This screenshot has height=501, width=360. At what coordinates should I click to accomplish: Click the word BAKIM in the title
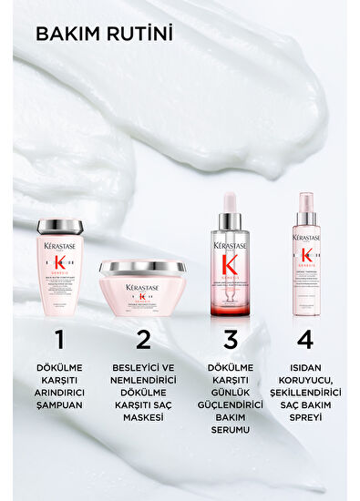66,35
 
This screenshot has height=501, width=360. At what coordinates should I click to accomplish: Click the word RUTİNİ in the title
136,35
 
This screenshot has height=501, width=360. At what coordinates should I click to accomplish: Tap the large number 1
60,340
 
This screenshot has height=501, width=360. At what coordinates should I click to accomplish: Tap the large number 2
142,340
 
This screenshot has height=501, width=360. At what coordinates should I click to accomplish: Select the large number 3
231,340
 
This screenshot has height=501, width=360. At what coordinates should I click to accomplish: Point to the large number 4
305,340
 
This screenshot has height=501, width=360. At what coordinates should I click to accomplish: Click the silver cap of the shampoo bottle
60,227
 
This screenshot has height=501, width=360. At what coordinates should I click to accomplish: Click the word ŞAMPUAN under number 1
60,407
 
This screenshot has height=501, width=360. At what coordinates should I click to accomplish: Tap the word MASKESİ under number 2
143,417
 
